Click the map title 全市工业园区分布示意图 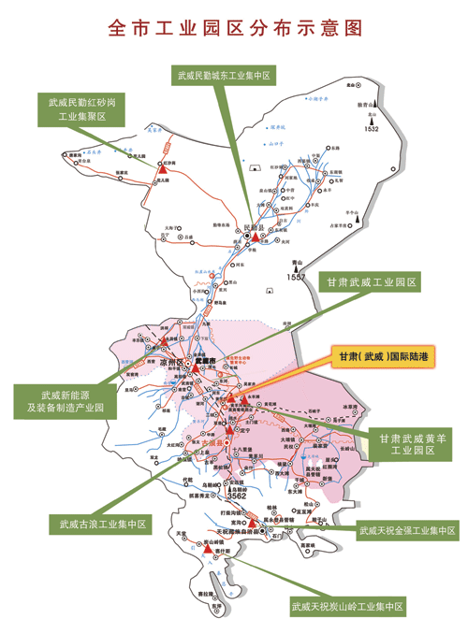(x=234, y=28)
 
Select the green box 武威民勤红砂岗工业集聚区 (x=81, y=108)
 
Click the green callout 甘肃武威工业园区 (x=372, y=281)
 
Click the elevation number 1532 (x=372, y=129)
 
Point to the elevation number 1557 (x=297, y=278)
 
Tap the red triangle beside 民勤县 (x=256, y=238)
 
